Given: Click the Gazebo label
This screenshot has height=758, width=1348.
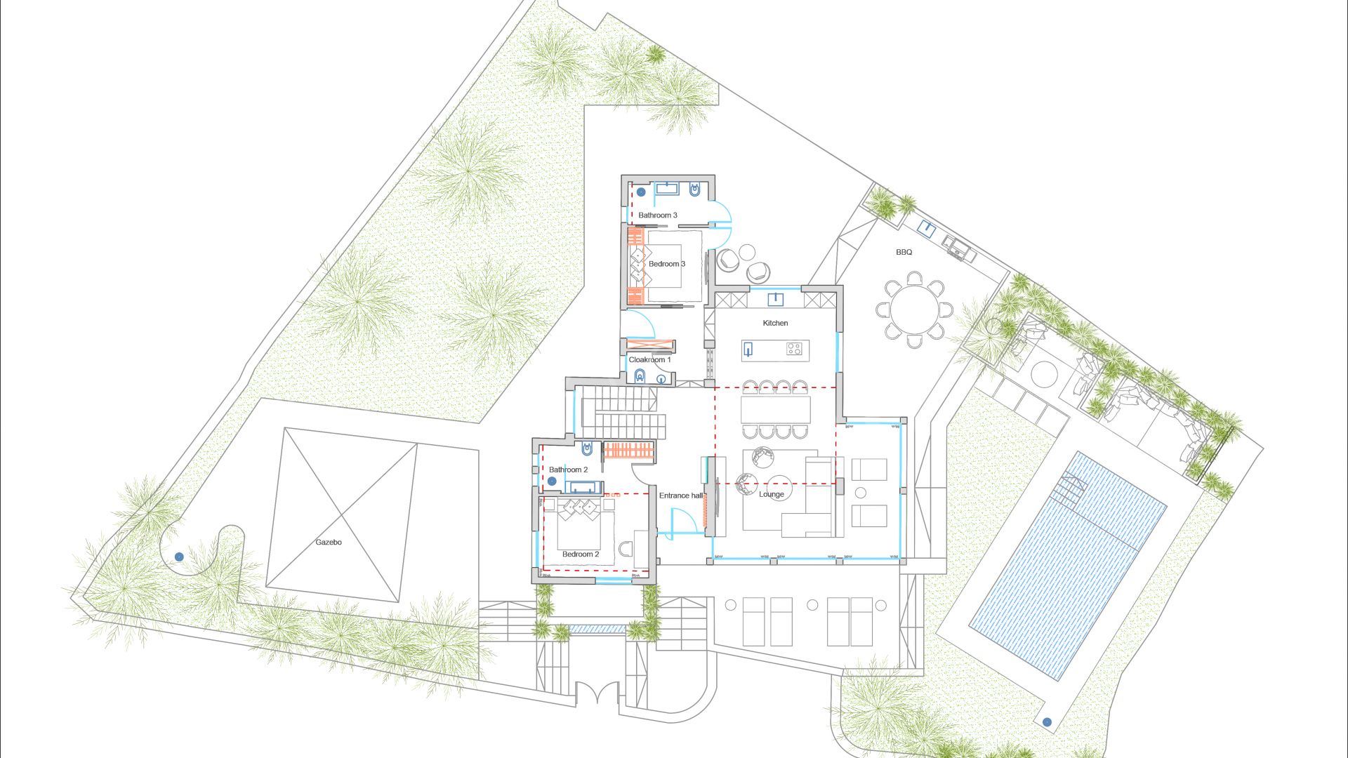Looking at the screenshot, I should coord(329,543).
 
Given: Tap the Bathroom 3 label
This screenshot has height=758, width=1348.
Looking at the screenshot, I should coord(658,215).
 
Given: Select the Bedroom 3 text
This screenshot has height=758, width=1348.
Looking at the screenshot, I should coord(667,264).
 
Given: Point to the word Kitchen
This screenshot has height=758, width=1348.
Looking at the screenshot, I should coord(775,323).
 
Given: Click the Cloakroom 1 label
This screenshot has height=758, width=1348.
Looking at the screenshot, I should coord(649,360).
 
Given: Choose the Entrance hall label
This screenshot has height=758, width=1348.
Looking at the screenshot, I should coord(680,496).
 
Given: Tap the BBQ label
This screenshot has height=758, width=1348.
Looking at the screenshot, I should coord(904,252).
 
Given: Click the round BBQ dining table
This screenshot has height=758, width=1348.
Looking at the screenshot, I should coord(914,310).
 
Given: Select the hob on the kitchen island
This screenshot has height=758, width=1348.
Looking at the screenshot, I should coord(794,348).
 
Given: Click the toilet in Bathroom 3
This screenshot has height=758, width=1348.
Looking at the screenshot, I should coord(695,190).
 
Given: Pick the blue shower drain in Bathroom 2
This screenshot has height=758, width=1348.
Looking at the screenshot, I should coord(553,481).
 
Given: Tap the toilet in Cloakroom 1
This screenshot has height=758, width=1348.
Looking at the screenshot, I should coord(640,378).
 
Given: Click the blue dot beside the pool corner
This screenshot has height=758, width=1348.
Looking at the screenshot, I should coord(1047,722).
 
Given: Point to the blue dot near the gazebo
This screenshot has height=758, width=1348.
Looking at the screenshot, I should coord(179,557).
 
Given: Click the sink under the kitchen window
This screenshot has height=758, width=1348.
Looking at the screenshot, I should coord(775,299).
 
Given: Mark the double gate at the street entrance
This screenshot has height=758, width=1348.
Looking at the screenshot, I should coord(596,693).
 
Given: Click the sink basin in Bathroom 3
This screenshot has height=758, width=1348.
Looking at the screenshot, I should coord(666,189).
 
